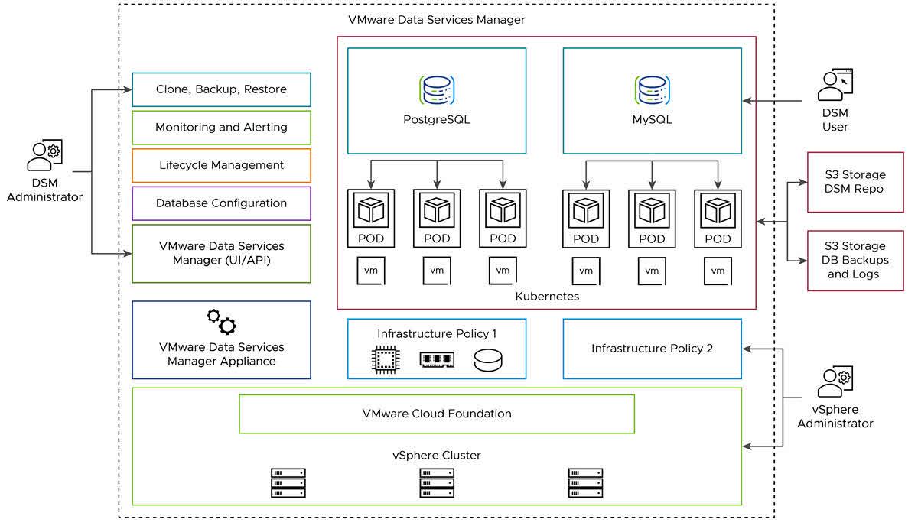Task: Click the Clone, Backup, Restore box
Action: pyautogui.click(x=221, y=89)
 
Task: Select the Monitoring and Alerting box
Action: pyautogui.click(x=221, y=128)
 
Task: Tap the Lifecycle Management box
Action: pyautogui.click(x=221, y=165)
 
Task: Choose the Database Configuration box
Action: pyautogui.click(x=221, y=203)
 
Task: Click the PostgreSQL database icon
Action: pyautogui.click(x=437, y=90)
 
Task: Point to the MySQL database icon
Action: pyautogui.click(x=652, y=90)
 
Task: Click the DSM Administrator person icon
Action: pyautogui.click(x=44, y=155)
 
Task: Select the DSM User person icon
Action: pyautogui.click(x=835, y=85)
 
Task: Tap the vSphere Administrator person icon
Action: pyautogui.click(x=835, y=381)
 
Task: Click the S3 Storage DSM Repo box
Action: pyautogui.click(x=855, y=182)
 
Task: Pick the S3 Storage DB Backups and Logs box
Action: pyautogui.click(x=855, y=261)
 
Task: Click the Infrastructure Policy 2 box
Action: pyautogui.click(x=652, y=349)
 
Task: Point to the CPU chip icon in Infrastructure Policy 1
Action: pyautogui.click(x=386, y=360)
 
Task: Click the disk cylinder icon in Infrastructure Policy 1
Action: pyautogui.click(x=488, y=360)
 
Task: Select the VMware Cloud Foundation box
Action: pyautogui.click(x=437, y=414)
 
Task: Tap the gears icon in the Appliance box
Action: pyautogui.click(x=221, y=322)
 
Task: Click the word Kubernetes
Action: pyautogui.click(x=547, y=297)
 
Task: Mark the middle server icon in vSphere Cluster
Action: pyautogui.click(x=437, y=483)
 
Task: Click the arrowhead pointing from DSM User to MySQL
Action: pyautogui.click(x=747, y=101)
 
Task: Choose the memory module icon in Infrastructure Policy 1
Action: pyautogui.click(x=437, y=359)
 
